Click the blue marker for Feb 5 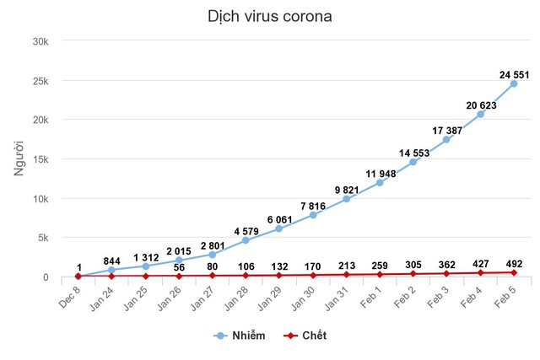pos(514,83)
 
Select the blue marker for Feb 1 pos(380,183)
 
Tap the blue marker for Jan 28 pos(246,240)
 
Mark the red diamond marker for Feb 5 pos(514,272)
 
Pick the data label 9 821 pos(347,190)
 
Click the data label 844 pos(111,261)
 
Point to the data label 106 pos(246,266)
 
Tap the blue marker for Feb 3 pos(447,139)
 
